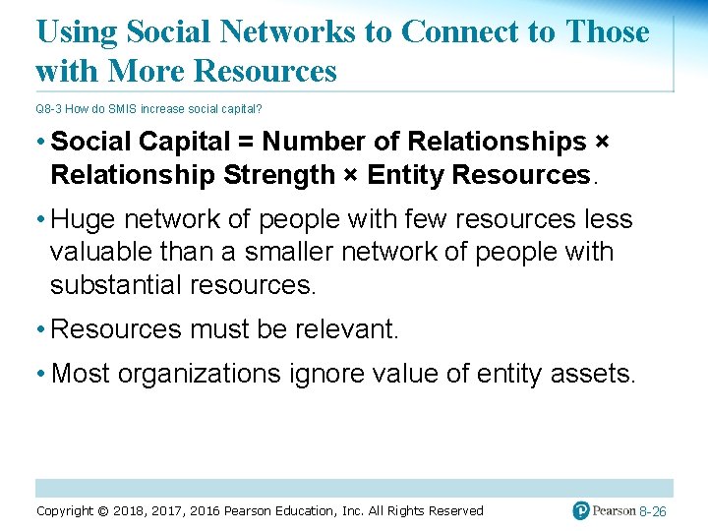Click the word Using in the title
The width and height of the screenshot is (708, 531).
(77, 31)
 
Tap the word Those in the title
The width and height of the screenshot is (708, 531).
(607, 31)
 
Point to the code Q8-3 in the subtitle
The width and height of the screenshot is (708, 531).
(49, 108)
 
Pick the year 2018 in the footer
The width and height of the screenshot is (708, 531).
(129, 510)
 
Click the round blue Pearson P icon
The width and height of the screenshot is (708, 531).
(582, 510)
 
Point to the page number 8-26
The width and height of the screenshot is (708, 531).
(653, 511)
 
